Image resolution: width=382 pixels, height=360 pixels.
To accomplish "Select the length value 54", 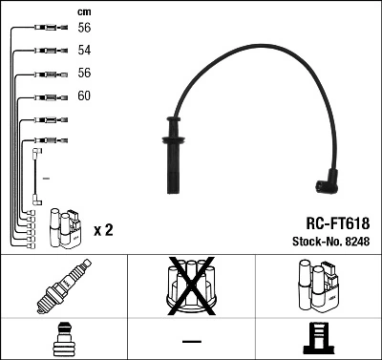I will (84, 49).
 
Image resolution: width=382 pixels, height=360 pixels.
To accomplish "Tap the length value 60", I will (84, 96).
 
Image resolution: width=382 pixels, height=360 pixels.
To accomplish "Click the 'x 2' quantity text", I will (104, 230).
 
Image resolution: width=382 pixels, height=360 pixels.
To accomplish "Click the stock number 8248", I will (356, 242).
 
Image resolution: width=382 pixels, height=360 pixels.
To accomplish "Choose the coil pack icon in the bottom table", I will (318, 286).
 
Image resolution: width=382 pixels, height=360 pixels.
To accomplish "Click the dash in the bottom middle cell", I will (192, 340).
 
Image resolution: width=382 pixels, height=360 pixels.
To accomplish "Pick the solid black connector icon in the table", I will (318, 339).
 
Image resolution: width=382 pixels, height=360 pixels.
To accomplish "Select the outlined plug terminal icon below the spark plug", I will (63, 339).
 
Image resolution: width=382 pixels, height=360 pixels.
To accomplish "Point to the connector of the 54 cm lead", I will (43, 50).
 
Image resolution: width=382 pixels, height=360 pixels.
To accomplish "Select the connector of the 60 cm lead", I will (43, 96).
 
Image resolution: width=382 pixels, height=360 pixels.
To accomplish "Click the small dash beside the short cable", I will (46, 179).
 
